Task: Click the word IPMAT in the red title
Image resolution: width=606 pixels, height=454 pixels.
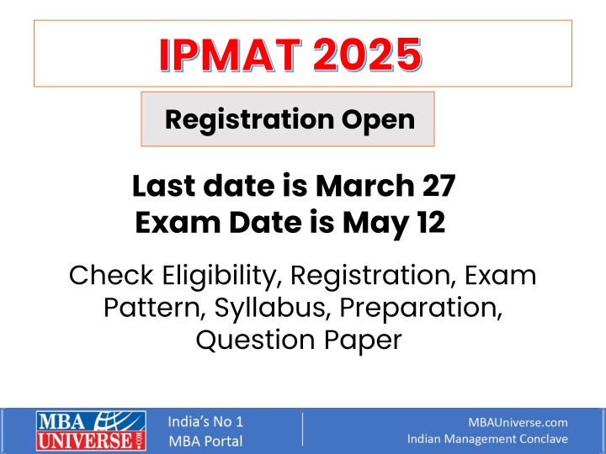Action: (x=231, y=55)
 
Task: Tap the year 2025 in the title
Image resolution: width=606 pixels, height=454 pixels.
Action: (x=368, y=55)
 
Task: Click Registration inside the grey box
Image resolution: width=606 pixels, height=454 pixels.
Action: (x=250, y=120)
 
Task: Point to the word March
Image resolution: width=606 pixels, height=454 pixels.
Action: (x=364, y=186)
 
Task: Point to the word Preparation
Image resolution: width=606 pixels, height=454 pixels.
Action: (x=421, y=308)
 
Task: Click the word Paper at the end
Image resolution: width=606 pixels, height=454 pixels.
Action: (x=363, y=341)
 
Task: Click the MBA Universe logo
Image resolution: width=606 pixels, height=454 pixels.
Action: (x=91, y=430)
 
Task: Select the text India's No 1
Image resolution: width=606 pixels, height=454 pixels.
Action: (x=205, y=421)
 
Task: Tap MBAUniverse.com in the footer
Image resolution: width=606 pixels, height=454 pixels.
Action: (x=518, y=422)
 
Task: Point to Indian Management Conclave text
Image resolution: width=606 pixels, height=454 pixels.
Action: (x=487, y=439)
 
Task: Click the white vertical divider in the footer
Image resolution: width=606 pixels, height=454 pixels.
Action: (x=303, y=430)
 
